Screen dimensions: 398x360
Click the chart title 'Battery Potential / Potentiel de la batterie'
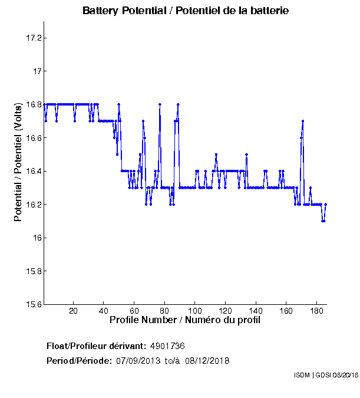coord(186,11)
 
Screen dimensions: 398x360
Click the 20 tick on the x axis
coord(73,311)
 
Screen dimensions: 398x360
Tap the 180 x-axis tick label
coord(316,311)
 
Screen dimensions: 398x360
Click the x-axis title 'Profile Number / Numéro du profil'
coord(185,320)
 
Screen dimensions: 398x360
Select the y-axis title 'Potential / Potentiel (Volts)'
coord(18,162)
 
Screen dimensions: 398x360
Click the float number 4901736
coord(168,346)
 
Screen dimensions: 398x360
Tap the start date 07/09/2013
coord(139,360)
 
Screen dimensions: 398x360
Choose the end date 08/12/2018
coord(207,360)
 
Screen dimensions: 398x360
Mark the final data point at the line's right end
coord(326,205)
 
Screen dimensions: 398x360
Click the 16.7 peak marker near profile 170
coord(303,121)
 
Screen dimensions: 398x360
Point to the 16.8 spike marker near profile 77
coord(160,104)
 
